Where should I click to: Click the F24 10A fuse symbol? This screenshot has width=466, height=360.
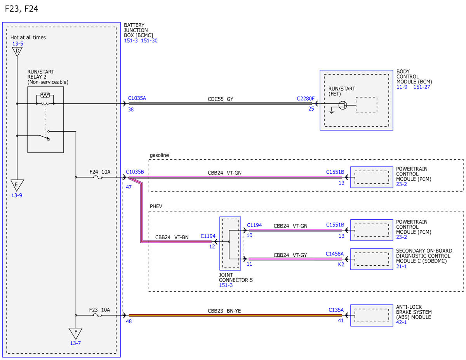(x=98, y=177)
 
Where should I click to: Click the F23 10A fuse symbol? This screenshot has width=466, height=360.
(x=97, y=315)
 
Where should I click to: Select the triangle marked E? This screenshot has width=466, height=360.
(x=17, y=185)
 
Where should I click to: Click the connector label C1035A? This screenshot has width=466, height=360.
(x=137, y=98)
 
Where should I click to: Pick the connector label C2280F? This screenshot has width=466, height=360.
(x=306, y=99)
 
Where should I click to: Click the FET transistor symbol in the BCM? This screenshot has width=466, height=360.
(x=343, y=105)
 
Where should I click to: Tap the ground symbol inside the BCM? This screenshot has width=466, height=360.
(x=332, y=111)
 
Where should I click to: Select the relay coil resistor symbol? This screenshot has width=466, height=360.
(x=45, y=95)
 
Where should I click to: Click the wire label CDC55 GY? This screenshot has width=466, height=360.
(x=221, y=99)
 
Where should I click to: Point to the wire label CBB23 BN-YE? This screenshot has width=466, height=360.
(x=224, y=311)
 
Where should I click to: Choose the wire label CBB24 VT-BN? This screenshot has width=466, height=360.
(x=172, y=237)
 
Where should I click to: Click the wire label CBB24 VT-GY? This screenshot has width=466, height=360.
(x=290, y=255)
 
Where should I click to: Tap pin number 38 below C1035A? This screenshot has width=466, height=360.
(x=131, y=110)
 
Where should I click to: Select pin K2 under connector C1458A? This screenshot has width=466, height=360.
(x=341, y=264)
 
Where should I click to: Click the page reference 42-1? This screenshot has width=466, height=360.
(x=401, y=322)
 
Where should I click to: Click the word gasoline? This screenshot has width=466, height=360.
(x=159, y=155)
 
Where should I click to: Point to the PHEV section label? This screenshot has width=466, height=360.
(x=156, y=206)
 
